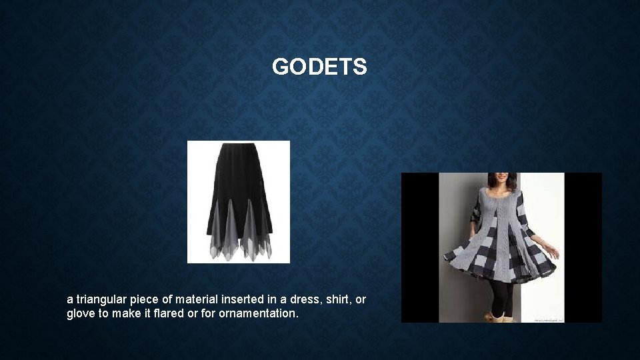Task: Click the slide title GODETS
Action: click(x=319, y=67)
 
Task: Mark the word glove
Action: click(x=81, y=313)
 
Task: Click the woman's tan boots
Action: click(x=497, y=317)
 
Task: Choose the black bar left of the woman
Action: click(x=419, y=247)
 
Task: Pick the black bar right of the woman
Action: click(x=583, y=247)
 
